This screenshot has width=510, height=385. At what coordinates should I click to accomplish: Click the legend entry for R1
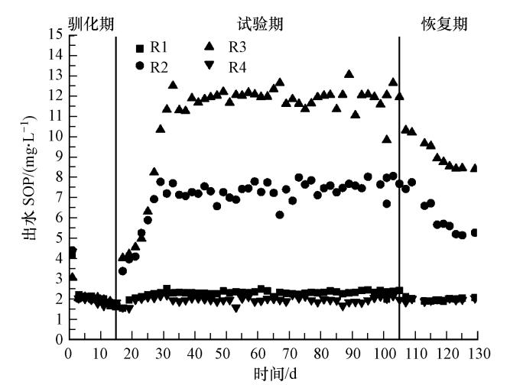point(157,47)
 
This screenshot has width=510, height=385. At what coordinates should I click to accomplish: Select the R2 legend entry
point(157,66)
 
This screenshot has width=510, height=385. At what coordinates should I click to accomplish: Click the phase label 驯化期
point(90,24)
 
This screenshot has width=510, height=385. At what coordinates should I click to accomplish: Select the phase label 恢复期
point(444,24)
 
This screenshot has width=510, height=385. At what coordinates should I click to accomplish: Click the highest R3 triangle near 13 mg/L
point(349,74)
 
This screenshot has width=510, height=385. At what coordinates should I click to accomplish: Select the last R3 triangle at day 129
point(475,168)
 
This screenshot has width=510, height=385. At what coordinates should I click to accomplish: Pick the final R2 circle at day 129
point(475,232)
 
